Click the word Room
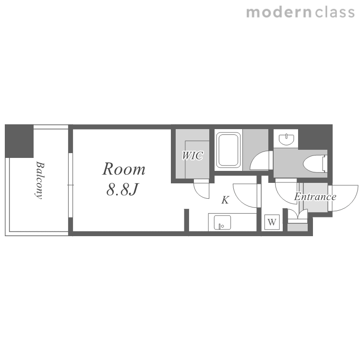[124, 169]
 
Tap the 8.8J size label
[122, 190]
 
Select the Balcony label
[40, 180]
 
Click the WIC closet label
[192, 156]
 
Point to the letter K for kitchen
[225, 200]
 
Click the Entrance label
[315, 196]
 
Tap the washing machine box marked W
[272, 222]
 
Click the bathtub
[228, 150]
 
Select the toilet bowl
[315, 164]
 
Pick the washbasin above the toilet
[287, 140]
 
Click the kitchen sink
[222, 222]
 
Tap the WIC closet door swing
[201, 190]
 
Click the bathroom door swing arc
[259, 161]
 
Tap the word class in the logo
[335, 12]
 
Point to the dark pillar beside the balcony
[19, 141]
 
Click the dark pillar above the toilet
[315, 137]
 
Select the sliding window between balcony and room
[71, 185]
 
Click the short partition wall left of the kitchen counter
[187, 220]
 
